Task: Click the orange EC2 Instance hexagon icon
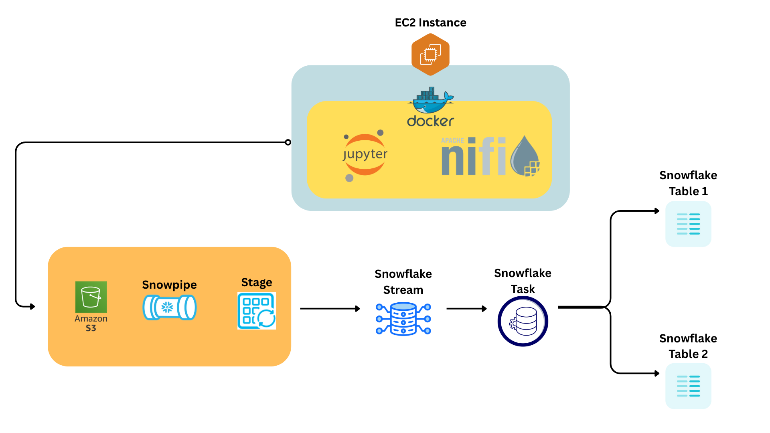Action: [430, 55]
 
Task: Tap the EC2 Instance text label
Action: [430, 22]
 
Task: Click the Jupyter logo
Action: [365, 155]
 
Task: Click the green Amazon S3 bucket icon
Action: [91, 297]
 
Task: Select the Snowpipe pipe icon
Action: [170, 308]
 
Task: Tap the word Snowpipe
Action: [169, 285]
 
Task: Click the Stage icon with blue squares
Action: [257, 311]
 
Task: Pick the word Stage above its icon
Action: [257, 282]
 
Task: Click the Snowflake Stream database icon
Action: [403, 319]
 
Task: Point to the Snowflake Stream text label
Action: [403, 282]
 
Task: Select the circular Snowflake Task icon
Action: [523, 321]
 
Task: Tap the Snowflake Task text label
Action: [523, 281]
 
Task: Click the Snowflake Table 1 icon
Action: [688, 224]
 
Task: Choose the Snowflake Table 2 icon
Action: [688, 386]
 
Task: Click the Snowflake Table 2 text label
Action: [688, 346]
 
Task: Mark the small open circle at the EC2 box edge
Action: [288, 142]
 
